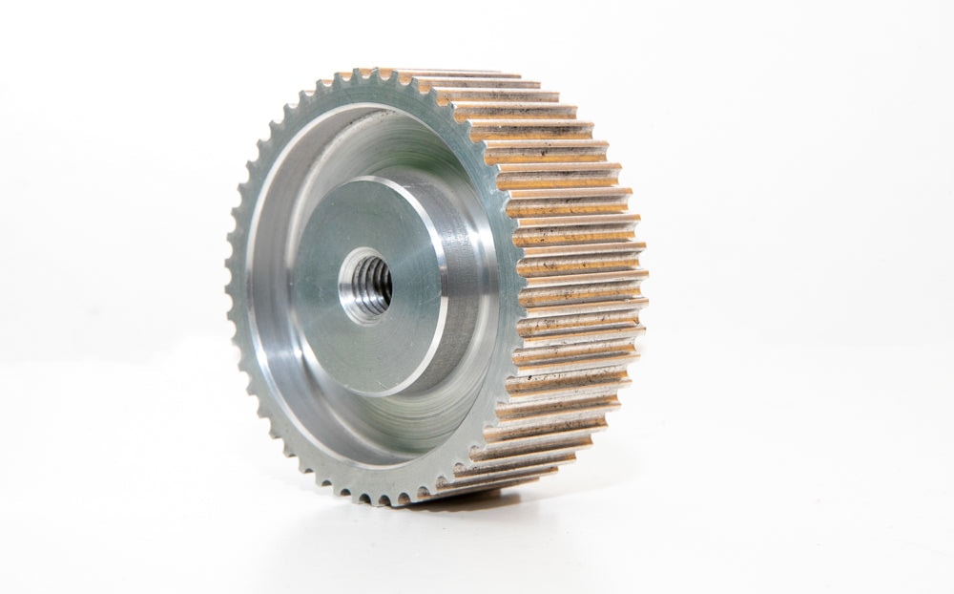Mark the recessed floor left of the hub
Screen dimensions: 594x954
click(x=277, y=286)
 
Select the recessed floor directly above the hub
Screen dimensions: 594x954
click(x=382, y=153)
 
